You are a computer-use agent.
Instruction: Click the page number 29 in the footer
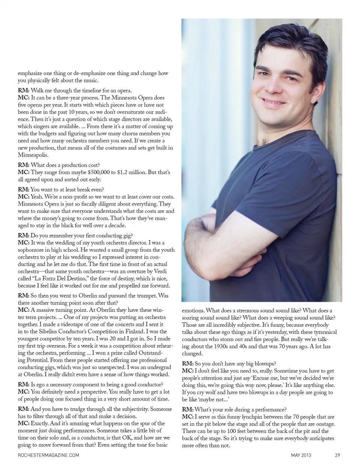337,455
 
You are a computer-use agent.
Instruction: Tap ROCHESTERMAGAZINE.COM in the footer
48,455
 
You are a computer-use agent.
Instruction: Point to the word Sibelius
51,332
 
